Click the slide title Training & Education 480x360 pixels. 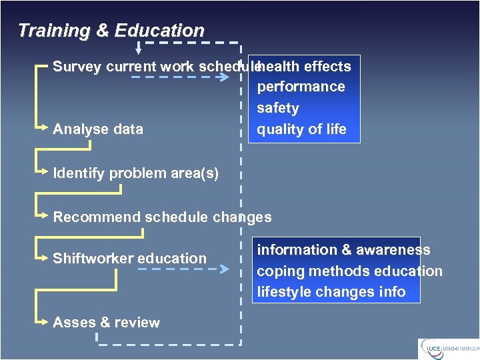111,31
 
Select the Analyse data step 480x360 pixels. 98,129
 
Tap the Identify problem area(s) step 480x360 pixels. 135,173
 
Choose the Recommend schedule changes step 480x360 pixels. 162,217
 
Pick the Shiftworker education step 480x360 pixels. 129,259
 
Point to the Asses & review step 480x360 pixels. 106,323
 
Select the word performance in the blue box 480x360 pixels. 301,87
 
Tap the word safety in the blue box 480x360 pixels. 278,108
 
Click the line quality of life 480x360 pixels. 301,129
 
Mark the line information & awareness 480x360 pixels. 343,250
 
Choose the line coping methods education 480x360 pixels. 349,271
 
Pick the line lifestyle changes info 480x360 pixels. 331,292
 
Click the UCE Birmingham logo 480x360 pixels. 448,349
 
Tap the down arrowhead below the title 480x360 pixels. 139,49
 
